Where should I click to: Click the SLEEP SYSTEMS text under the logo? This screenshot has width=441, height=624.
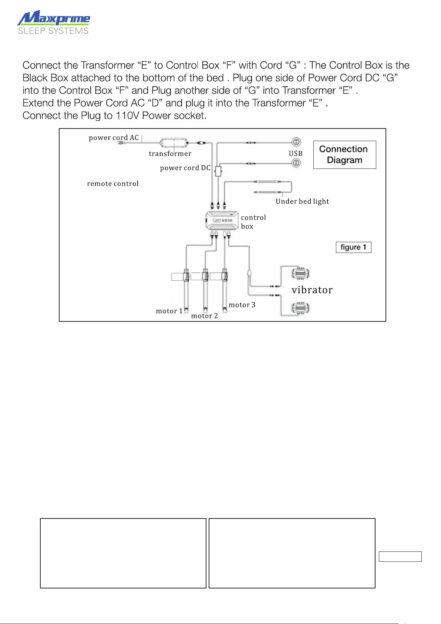pyautogui.click(x=53, y=31)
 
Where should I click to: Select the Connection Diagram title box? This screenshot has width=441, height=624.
pyautogui.click(x=344, y=154)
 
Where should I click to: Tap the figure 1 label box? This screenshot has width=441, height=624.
pyautogui.click(x=353, y=247)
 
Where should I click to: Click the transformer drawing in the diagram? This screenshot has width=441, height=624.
pyautogui.click(x=174, y=143)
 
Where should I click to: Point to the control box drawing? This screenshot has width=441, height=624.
pyautogui.click(x=222, y=220)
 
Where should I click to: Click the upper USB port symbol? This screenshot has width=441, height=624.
pyautogui.click(x=296, y=142)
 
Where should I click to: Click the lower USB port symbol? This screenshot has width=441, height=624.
pyautogui.click(x=296, y=163)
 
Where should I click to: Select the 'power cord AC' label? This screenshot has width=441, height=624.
pyautogui.click(x=114, y=138)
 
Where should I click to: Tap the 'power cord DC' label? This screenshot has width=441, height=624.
pyautogui.click(x=185, y=168)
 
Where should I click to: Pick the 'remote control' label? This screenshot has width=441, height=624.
pyautogui.click(x=113, y=184)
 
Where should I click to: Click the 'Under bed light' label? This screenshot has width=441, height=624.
pyautogui.click(x=302, y=201)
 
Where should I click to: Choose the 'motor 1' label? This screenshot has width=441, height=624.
pyautogui.click(x=169, y=311)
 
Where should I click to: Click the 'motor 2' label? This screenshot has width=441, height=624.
pyautogui.click(x=205, y=316)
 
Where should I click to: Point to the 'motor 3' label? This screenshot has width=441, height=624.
pyautogui.click(x=242, y=305)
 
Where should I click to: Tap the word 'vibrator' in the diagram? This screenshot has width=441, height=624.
pyautogui.click(x=312, y=290)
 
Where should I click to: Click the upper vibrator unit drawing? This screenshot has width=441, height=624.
pyautogui.click(x=300, y=273)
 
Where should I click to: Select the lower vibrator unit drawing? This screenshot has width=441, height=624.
pyautogui.click(x=300, y=308)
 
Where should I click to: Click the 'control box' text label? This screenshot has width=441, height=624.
pyautogui.click(x=253, y=222)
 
